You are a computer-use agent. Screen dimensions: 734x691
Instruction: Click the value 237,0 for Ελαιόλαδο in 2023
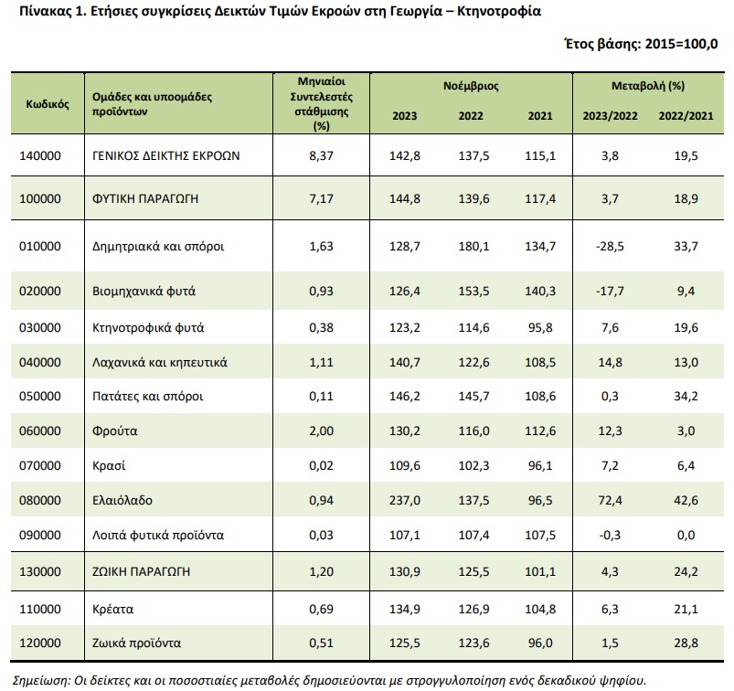click(x=404, y=501)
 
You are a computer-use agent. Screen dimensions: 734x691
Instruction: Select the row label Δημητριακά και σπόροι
click(x=158, y=246)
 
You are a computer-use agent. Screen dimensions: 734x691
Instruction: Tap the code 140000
click(x=40, y=156)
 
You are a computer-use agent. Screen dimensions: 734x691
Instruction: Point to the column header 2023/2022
click(x=610, y=116)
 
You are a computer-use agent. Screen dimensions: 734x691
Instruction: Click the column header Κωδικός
click(x=48, y=104)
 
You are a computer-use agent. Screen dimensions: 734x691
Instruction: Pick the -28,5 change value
click(x=610, y=247)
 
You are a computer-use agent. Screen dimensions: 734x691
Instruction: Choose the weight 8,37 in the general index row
click(x=321, y=156)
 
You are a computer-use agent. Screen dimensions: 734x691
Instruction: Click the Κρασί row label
click(x=109, y=466)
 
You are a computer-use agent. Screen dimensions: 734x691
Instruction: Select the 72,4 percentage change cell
click(x=610, y=501)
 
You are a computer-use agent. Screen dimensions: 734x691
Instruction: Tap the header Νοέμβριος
click(x=471, y=86)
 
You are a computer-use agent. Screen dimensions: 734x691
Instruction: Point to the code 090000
click(x=40, y=535)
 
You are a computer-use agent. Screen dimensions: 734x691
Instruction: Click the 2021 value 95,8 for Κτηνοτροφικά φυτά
click(x=540, y=328)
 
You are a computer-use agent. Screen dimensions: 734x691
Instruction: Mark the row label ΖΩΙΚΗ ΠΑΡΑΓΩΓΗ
click(x=141, y=571)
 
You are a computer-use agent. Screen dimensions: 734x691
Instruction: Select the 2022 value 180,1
click(x=473, y=247)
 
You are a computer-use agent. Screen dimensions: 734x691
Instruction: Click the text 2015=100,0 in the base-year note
click(x=681, y=44)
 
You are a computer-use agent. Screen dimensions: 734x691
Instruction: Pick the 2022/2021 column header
click(x=686, y=116)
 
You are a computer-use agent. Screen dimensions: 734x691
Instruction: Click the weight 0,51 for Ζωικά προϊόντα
click(x=321, y=643)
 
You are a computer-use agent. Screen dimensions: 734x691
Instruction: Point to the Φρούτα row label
click(x=114, y=431)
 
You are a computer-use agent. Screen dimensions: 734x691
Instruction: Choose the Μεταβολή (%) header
click(x=648, y=86)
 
